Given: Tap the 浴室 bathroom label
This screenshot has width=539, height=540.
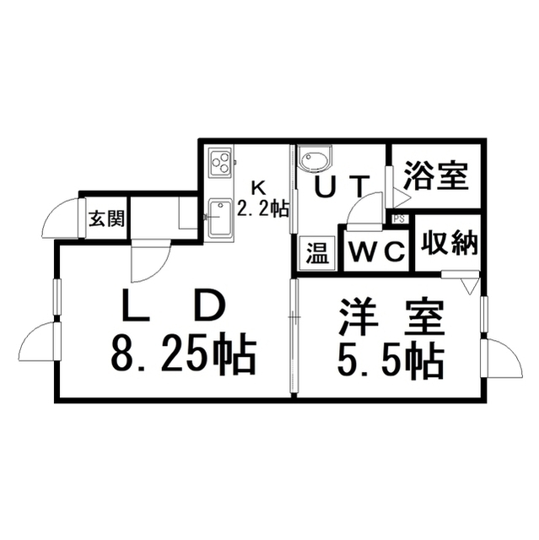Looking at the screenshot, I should (x=435, y=176).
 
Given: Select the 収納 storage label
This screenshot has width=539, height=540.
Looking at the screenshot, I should (x=447, y=245).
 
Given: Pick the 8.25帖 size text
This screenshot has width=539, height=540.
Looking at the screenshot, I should (x=182, y=354).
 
